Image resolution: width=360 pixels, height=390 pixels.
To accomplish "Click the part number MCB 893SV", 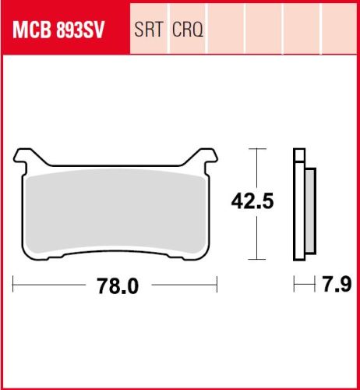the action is (x=58, y=30).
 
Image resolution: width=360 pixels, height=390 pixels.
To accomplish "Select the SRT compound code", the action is (x=149, y=30).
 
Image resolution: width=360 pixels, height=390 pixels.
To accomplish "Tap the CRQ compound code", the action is (x=188, y=30).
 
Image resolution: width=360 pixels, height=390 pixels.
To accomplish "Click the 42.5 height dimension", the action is (x=252, y=201).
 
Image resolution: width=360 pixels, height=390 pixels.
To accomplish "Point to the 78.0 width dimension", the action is (x=118, y=285).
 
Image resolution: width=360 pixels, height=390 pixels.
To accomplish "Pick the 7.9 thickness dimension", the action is (x=337, y=284).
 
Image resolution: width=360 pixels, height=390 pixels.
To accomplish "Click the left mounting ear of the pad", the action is (x=26, y=158).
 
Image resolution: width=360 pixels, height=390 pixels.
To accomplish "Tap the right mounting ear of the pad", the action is (x=205, y=158).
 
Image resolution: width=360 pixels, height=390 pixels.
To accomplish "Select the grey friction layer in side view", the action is (x=310, y=211).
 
